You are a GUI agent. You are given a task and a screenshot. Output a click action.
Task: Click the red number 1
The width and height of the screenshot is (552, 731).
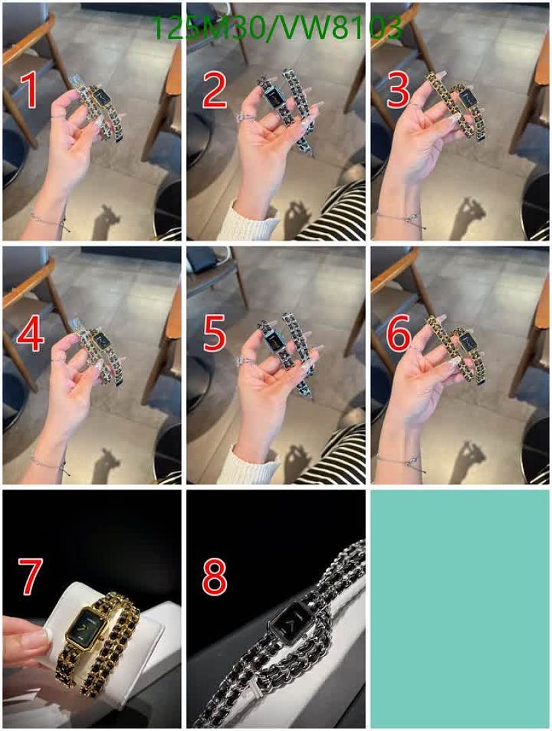[30, 91]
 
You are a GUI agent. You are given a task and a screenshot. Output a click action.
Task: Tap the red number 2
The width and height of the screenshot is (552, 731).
[214, 91]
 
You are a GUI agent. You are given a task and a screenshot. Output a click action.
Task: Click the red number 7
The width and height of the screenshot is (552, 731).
[30, 576]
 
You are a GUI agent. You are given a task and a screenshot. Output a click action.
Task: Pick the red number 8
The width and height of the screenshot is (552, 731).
[215, 576]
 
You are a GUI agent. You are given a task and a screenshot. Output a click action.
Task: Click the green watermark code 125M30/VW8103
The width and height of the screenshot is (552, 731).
[277, 28]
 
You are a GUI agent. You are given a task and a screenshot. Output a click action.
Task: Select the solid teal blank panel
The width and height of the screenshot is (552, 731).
[460, 608]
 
